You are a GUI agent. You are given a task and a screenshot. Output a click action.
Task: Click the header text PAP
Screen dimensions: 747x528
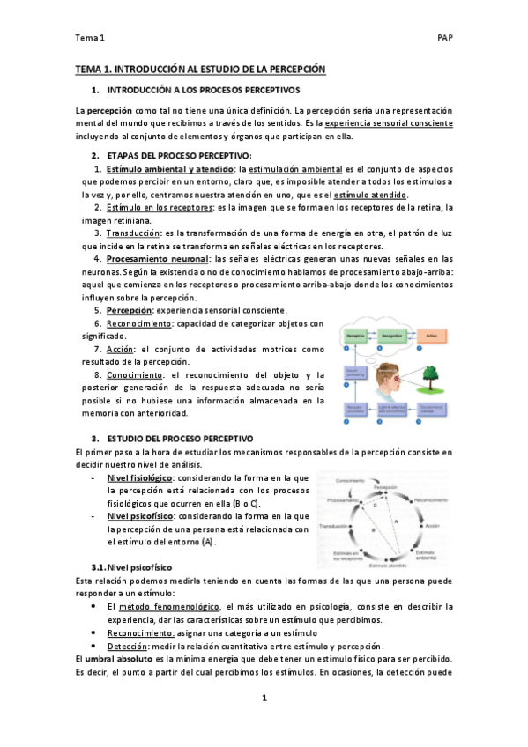(x=444, y=38)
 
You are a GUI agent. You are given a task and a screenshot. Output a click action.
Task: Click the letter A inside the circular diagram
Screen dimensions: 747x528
(x=394, y=521)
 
